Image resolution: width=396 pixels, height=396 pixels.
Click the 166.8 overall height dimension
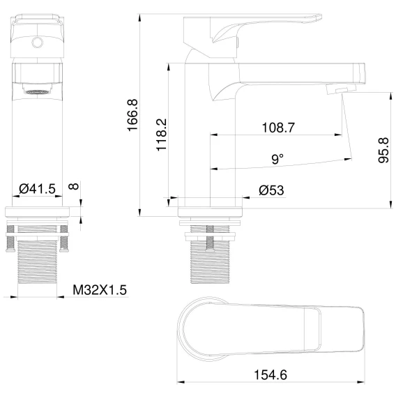(x=132, y=115)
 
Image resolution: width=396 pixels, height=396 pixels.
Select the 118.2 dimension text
(x=161, y=135)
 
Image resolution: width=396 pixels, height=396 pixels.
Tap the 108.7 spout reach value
(x=278, y=128)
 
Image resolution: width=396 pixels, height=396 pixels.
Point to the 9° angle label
(x=277, y=159)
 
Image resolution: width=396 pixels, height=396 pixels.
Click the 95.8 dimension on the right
(x=383, y=151)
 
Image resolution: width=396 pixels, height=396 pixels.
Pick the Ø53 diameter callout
(x=271, y=190)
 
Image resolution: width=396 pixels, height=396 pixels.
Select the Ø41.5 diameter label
(x=37, y=188)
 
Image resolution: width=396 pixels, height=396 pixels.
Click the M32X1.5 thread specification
(x=100, y=289)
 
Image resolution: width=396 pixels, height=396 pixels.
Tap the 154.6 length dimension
(x=271, y=375)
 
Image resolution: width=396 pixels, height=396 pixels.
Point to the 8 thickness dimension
(x=73, y=186)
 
